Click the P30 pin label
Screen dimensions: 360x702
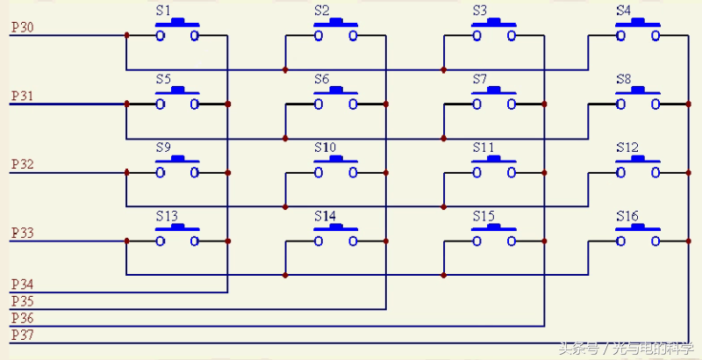22,28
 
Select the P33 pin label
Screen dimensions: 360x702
22,234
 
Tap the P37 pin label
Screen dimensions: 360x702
22,335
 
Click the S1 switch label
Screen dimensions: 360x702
163,11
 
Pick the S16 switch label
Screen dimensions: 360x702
627,216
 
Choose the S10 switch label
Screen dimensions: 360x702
325,148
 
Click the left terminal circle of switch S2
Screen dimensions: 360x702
319,36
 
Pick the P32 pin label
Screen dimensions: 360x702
22,165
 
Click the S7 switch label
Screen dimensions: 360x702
479,79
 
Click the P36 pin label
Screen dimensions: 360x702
22,319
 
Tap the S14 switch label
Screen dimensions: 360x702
325,216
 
